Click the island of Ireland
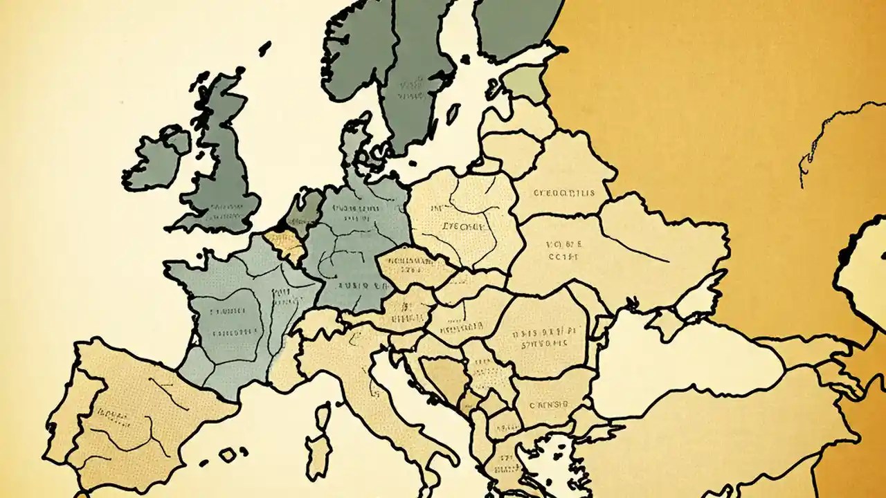[152, 163]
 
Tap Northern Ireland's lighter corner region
[177, 141]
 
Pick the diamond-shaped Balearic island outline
[228, 454]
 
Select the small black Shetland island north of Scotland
[264, 48]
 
